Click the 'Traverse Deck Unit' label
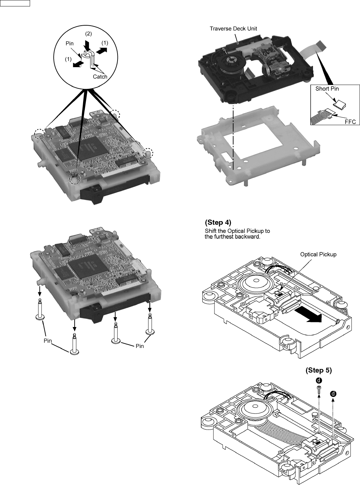[x=233, y=29]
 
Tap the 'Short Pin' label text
[x=327, y=89]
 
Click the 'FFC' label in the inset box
[x=350, y=122]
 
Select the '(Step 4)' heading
[x=218, y=223]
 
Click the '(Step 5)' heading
[x=318, y=370]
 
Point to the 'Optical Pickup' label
[x=318, y=254]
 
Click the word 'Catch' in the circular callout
[x=100, y=77]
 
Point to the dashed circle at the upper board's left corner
[x=40, y=134]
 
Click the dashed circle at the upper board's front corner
[x=75, y=179]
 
